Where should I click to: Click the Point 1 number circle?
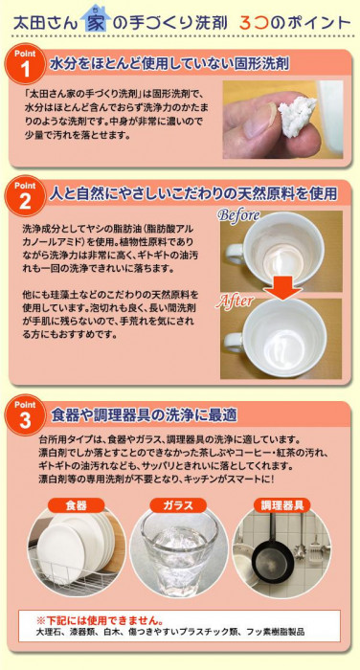point(25,65)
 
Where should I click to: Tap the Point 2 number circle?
point(25,196)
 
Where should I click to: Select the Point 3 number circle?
point(25,415)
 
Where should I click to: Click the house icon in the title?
point(94,18)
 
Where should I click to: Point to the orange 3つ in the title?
point(256,22)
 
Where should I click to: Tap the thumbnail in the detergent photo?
point(257,120)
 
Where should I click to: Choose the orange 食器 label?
point(77,505)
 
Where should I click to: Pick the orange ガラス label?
point(179,505)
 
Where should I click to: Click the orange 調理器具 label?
point(282,505)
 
